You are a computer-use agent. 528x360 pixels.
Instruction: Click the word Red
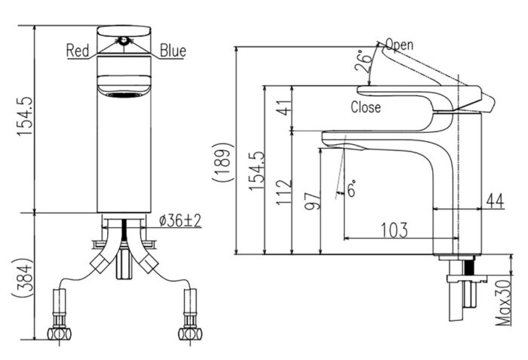(78, 51)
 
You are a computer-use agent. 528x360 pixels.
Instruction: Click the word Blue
(173, 51)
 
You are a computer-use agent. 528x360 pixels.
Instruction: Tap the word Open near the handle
(400, 44)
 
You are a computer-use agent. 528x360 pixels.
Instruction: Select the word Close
(366, 108)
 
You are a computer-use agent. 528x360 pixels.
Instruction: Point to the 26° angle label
(365, 65)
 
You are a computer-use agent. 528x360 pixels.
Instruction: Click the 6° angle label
(352, 189)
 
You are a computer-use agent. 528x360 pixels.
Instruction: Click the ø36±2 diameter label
(179, 220)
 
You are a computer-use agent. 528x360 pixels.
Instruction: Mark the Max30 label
(501, 302)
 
